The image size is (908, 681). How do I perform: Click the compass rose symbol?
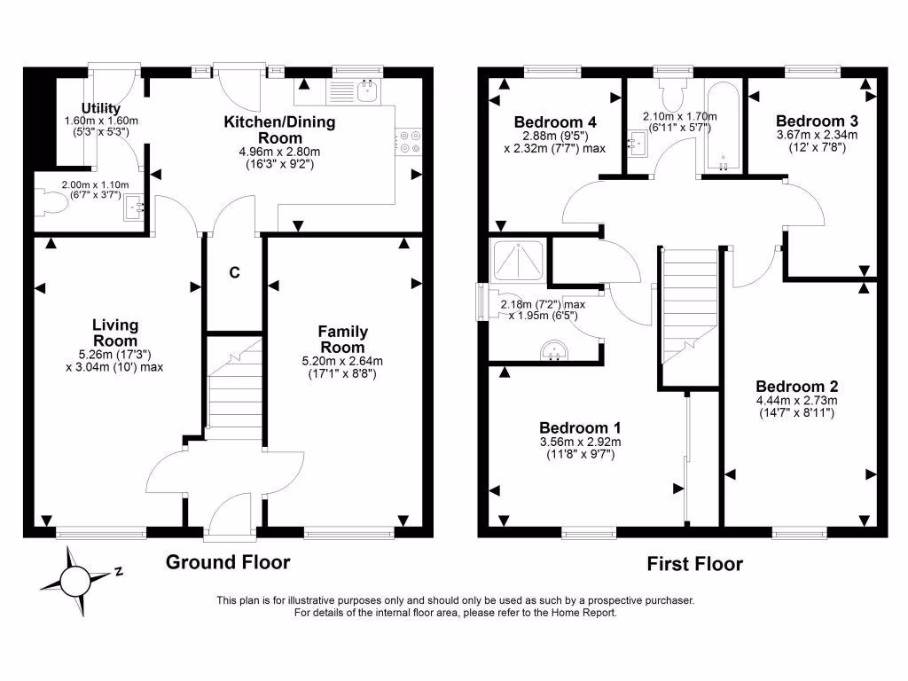click(72, 582)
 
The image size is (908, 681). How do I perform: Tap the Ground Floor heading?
click(228, 561)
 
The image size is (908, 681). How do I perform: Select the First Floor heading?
click(694, 564)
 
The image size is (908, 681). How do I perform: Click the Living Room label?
click(114, 333)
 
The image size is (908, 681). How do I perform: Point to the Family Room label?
click(343, 339)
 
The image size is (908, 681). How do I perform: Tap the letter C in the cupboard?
click(235, 273)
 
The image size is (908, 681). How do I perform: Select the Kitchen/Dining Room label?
click(279, 129)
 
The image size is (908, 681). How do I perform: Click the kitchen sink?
click(365, 90)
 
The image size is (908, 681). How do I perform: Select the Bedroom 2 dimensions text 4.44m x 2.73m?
click(797, 400)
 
